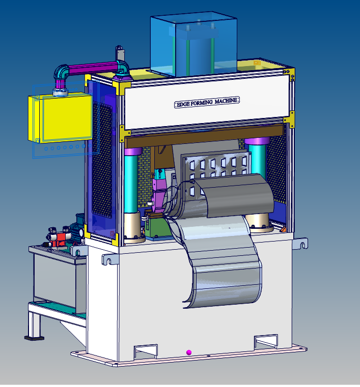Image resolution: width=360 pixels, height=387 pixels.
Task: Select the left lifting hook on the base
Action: [x=108, y=259]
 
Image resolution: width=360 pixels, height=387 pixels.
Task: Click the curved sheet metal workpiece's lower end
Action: [x=224, y=290]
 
